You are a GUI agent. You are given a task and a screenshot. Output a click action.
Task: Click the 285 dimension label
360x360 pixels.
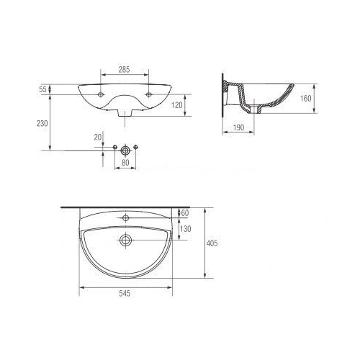124,70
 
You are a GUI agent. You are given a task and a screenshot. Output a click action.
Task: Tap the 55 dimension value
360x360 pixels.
42,89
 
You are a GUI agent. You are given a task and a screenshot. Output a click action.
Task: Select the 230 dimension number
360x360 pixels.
42,123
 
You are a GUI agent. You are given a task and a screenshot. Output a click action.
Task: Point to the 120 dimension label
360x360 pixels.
177,105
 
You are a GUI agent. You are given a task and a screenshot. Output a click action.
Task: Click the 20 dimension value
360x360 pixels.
98,138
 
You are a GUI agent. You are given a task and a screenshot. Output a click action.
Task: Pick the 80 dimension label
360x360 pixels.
125,163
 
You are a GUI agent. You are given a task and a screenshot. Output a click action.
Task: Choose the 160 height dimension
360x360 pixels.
306,98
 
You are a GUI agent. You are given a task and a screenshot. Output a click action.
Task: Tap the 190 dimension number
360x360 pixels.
238,127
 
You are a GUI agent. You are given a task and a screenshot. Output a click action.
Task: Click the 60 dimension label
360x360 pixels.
185,213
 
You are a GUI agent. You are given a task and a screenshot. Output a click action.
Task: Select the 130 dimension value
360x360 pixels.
186,229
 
